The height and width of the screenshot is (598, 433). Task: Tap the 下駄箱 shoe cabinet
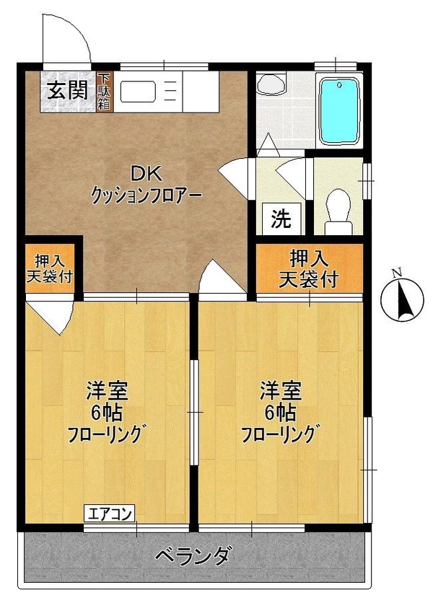click(104, 92)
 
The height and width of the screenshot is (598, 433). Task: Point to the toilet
click(337, 208)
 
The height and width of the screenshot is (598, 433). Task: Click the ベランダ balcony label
click(194, 556)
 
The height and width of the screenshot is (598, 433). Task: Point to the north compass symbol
click(398, 297)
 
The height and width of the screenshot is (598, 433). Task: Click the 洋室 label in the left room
click(107, 392)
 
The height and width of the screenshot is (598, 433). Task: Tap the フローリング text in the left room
click(107, 435)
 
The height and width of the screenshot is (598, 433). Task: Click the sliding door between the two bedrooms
click(193, 411)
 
